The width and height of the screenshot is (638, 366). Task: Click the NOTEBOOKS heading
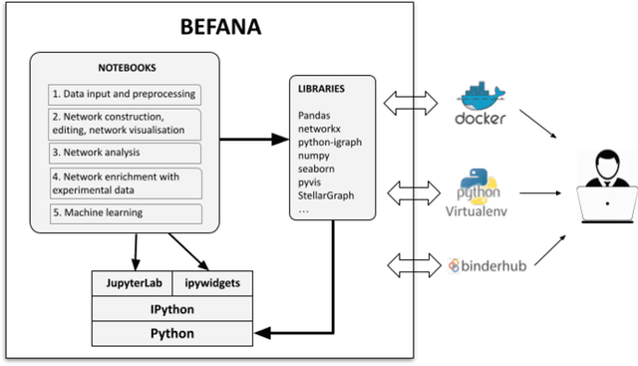tap(125, 69)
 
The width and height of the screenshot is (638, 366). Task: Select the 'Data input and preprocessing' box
tap(125, 95)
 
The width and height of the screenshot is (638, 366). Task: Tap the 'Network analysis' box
tap(125, 154)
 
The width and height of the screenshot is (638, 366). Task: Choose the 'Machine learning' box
tap(125, 213)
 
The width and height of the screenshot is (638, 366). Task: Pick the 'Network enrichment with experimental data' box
tap(125, 183)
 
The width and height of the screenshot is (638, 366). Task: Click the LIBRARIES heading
tap(321, 89)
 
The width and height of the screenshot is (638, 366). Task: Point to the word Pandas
tap(315, 117)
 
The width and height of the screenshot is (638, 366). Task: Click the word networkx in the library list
tap(319, 130)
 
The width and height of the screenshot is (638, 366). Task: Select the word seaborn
tap(317, 170)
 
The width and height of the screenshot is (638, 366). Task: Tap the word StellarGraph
tap(325, 196)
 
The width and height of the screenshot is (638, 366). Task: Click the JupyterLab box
tap(133, 283)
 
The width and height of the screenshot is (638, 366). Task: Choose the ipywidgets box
tap(212, 283)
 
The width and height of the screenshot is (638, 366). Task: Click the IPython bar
tap(172, 308)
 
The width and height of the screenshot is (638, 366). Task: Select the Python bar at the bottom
tap(172, 333)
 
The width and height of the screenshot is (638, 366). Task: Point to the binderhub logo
tap(487, 265)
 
